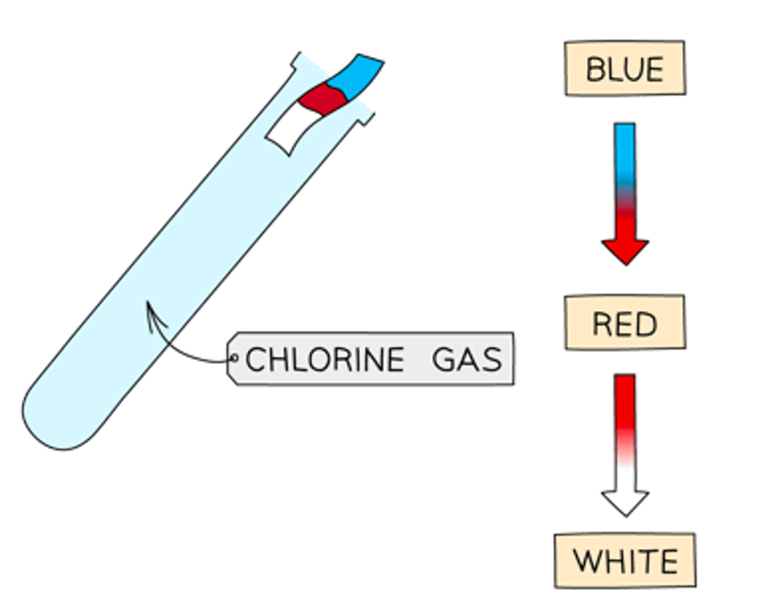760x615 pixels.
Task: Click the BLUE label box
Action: pos(625,68)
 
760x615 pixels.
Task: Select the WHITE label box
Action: pos(625,561)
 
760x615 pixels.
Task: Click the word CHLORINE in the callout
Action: pos(325,359)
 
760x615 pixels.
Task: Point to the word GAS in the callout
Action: pos(467,359)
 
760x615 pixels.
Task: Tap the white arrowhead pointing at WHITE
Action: pos(625,501)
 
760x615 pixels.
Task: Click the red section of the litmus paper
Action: pos(323,100)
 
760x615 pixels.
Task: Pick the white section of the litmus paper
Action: pos(291,129)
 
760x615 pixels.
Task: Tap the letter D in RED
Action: pos(646,324)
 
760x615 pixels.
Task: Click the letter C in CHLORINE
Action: pos(255,359)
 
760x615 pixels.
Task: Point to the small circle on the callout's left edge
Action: pos(235,357)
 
